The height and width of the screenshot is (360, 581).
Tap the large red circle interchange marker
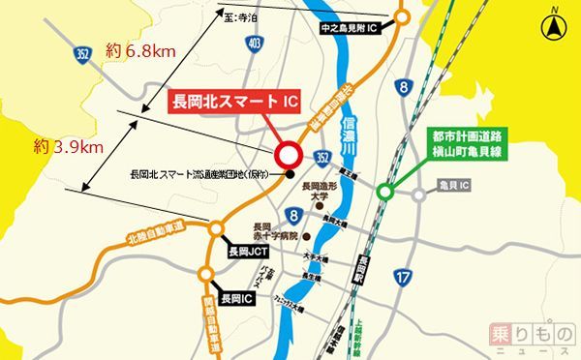(290, 155)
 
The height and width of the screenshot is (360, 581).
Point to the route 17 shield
(404, 278)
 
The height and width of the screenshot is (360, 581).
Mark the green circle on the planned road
(385, 193)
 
